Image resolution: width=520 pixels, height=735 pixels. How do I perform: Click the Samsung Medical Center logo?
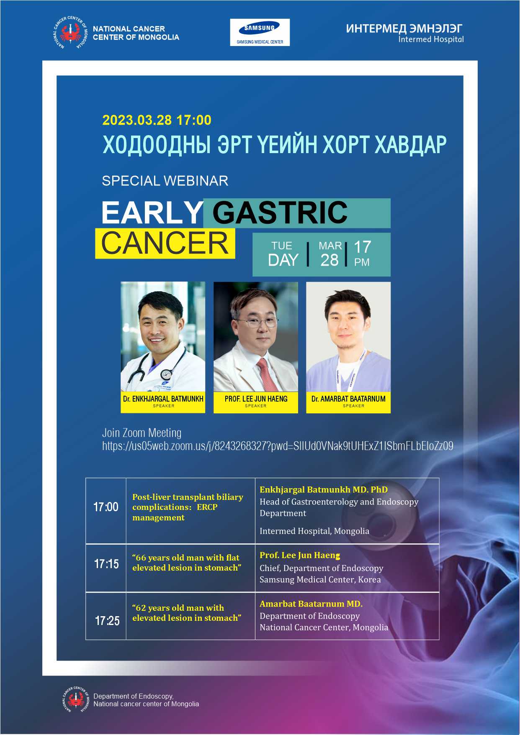click(260, 32)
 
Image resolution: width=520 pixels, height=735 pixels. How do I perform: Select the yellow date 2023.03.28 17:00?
click(157, 120)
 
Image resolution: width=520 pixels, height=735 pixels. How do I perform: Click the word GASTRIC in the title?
click(280, 213)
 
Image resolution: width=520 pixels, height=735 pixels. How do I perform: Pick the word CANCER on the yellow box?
click(165, 243)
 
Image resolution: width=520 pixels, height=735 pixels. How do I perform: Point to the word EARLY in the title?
click(152, 213)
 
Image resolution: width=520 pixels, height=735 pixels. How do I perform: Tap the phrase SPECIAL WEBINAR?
click(165, 181)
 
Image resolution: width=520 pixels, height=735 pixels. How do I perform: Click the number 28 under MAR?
click(330, 260)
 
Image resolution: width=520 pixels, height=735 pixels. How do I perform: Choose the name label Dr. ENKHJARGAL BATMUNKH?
click(163, 399)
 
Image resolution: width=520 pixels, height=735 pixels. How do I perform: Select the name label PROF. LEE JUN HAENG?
click(256, 399)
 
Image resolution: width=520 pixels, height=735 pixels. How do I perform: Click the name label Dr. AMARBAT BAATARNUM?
click(348, 399)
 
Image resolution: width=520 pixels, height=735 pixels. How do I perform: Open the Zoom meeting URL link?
click(278, 446)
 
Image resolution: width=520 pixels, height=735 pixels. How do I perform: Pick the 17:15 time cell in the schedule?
click(106, 564)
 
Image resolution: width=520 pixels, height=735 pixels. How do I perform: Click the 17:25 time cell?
click(107, 620)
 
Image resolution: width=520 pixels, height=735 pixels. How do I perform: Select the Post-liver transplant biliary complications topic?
click(188, 507)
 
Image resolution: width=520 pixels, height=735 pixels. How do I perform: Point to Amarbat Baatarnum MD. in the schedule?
click(311, 604)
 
